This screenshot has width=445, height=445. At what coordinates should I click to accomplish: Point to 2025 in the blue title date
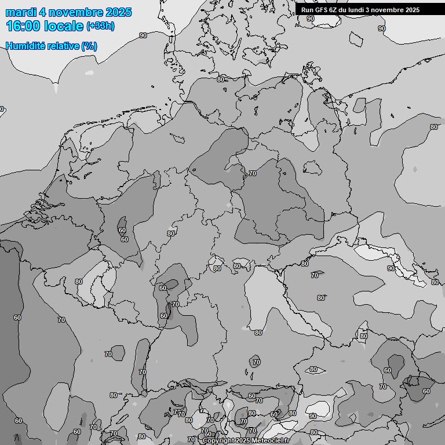click(x=119, y=12)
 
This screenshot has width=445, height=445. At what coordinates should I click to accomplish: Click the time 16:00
click(x=23, y=26)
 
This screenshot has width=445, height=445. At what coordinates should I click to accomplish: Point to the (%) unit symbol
click(x=89, y=46)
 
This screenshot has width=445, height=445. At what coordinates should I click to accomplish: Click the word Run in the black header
click(x=307, y=10)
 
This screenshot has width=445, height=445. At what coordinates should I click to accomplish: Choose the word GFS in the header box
click(x=321, y=10)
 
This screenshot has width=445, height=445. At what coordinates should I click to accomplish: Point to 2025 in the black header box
click(x=412, y=10)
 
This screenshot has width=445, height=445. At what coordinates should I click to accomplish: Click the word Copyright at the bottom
click(x=218, y=440)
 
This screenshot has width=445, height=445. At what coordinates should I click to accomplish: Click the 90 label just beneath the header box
click(x=311, y=19)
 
